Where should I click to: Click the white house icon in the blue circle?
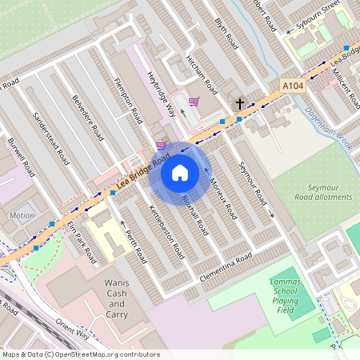(180, 172)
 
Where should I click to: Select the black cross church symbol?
(239, 104)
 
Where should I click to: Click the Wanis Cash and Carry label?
(117, 294)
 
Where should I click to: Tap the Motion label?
(22, 215)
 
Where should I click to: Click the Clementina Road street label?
(226, 267)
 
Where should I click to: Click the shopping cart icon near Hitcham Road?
(194, 102)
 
